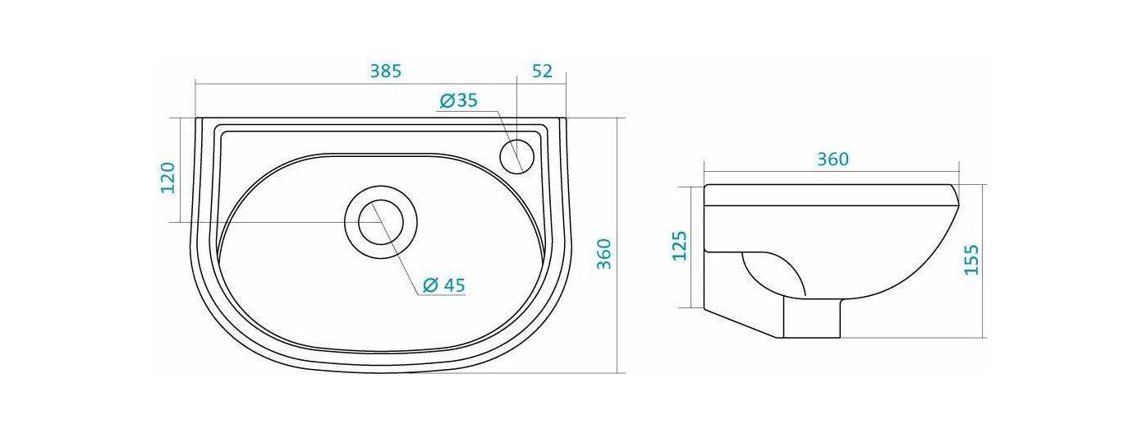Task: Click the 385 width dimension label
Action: click(386, 72)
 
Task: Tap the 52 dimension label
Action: click(542, 72)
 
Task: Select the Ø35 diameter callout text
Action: click(458, 100)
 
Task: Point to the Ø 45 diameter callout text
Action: click(444, 285)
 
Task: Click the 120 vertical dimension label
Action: click(168, 178)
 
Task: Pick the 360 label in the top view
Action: click(605, 254)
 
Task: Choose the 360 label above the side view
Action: click(833, 159)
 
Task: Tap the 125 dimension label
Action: click(680, 246)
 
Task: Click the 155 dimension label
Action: click(971, 260)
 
